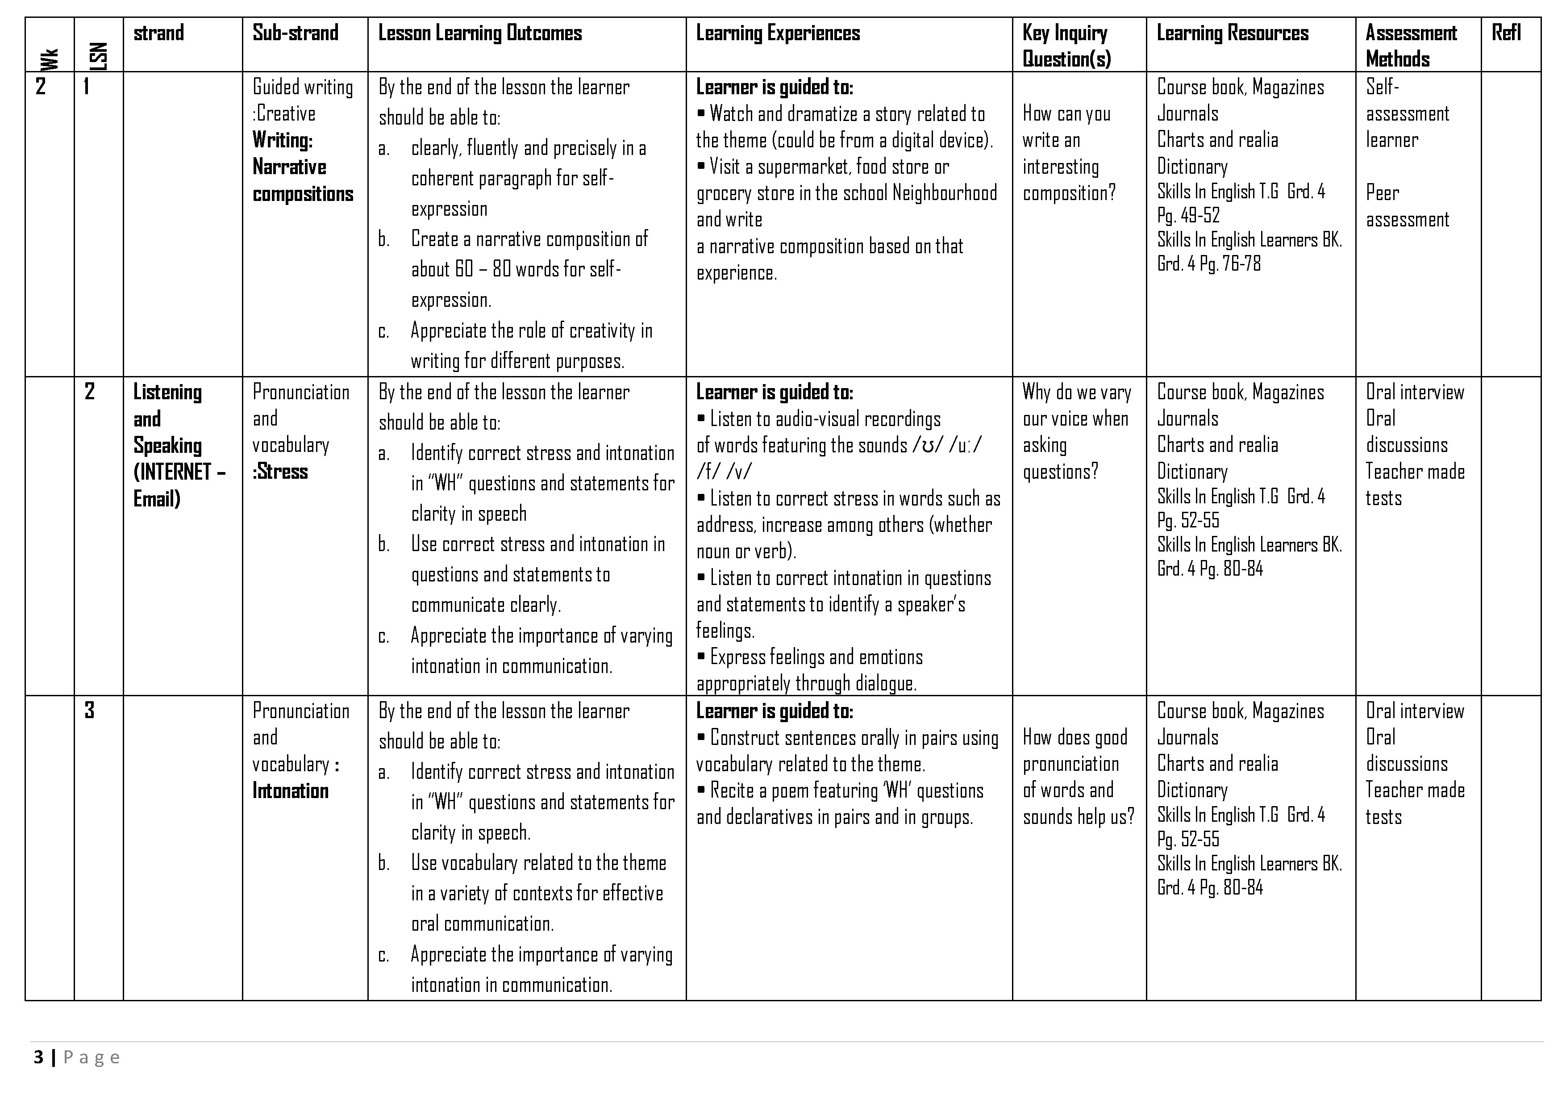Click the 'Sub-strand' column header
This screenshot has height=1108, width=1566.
tap(296, 33)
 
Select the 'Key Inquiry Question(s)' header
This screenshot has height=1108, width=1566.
tap(1066, 46)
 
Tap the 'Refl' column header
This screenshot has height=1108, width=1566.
tap(1506, 33)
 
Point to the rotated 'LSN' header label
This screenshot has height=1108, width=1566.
tap(99, 57)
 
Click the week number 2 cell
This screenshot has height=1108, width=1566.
tap(41, 87)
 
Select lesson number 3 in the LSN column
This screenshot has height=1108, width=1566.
tap(89, 711)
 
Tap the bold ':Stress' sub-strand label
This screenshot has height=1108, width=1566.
tap(280, 472)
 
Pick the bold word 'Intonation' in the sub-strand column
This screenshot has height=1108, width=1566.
tap(291, 791)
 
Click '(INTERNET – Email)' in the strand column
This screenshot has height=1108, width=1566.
tap(179, 485)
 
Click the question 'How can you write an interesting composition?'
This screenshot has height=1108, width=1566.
tap(1068, 154)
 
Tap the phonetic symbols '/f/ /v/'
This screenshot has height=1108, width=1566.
tap(724, 472)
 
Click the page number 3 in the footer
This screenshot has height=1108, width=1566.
tap(39, 1058)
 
